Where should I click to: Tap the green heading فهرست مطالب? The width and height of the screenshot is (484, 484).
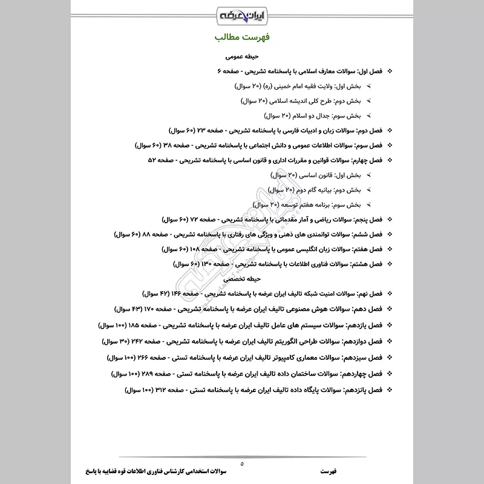point(241,38)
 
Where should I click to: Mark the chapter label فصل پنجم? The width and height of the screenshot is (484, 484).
point(374,219)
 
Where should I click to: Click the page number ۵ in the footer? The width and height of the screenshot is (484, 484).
point(241,463)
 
